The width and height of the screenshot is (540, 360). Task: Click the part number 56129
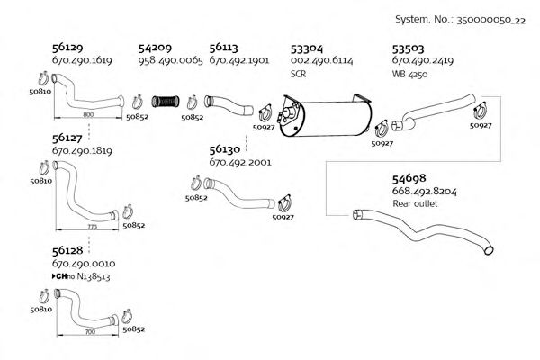tap(69, 47)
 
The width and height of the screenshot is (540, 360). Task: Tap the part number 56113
tap(225, 47)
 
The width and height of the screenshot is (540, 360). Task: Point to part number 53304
tap(309, 47)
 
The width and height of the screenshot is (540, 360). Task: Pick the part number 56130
tap(225, 150)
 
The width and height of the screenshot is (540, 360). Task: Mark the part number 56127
tap(69, 139)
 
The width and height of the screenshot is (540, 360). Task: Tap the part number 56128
tap(69, 250)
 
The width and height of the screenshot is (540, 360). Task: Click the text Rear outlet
tap(415, 204)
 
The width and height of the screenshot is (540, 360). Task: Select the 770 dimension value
tap(92, 229)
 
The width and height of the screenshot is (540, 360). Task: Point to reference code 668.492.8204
tap(423, 192)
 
